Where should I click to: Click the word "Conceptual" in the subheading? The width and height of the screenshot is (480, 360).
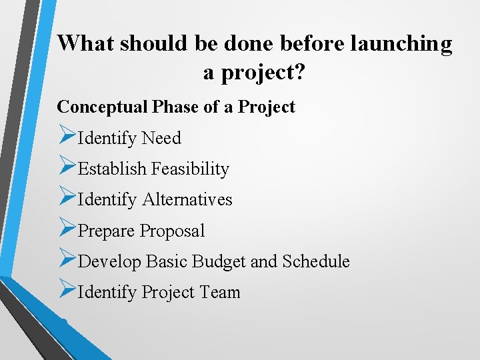point(103,107)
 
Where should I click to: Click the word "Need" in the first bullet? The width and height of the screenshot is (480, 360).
point(161,138)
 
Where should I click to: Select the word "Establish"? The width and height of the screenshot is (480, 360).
point(112,169)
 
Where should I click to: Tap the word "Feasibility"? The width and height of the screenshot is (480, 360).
point(190,169)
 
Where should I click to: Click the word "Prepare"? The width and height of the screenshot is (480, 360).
point(107,231)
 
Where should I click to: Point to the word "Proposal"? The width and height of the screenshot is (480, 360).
point(172,231)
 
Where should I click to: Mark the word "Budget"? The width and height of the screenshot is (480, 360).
point(219,262)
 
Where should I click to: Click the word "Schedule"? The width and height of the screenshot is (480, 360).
point(315,262)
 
